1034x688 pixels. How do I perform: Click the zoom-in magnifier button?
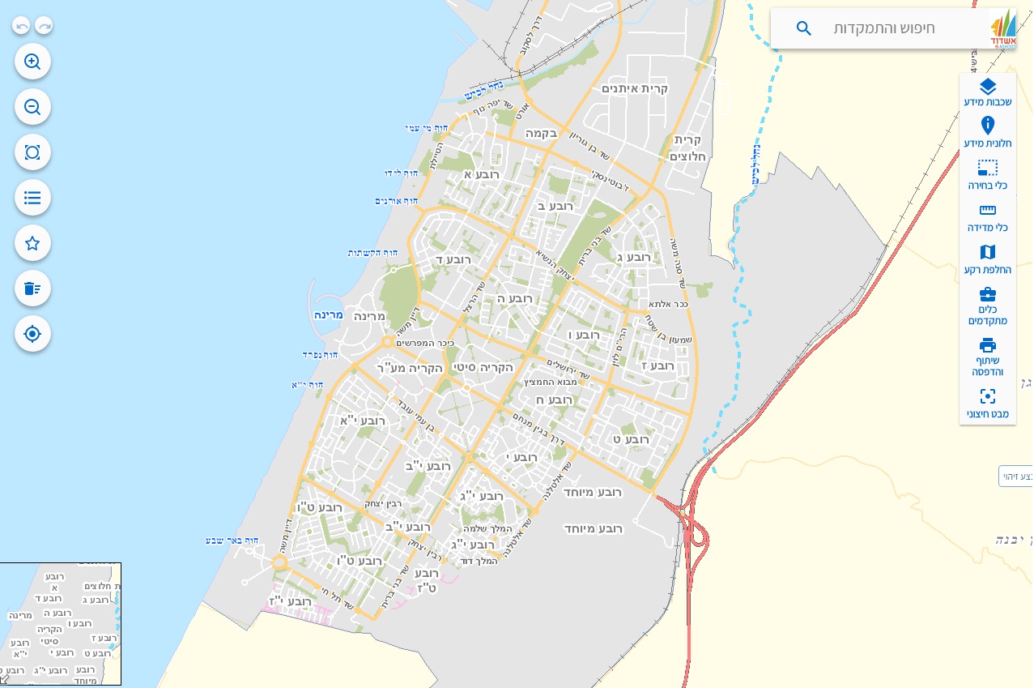(32, 62)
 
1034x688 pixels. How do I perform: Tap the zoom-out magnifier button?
(32, 107)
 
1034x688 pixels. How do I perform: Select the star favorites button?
(32, 243)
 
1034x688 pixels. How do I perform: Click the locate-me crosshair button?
(32, 334)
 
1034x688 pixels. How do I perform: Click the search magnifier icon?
(803, 28)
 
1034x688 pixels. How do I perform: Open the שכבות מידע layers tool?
(987, 93)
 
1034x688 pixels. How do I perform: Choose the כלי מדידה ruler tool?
(987, 217)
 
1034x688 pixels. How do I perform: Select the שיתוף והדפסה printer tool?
(987, 356)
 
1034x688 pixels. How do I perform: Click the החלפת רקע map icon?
(987, 259)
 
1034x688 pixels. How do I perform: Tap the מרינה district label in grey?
(370, 316)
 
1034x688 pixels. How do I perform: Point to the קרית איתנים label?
(635, 88)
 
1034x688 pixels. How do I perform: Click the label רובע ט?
(632, 439)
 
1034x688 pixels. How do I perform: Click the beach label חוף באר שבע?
(232, 540)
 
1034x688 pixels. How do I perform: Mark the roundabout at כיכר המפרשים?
(388, 342)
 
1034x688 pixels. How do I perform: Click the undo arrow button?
(22, 26)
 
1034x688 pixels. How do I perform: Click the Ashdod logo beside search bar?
(1003, 29)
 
